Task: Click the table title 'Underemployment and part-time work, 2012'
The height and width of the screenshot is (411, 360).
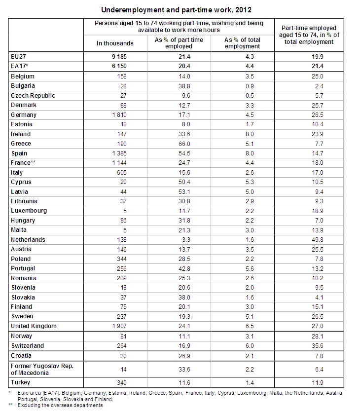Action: pos(176,10)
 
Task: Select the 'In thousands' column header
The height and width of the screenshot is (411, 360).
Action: pos(115,43)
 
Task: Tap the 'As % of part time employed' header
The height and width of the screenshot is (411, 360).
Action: pos(179,43)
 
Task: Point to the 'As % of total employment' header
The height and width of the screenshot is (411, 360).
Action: pos(242,43)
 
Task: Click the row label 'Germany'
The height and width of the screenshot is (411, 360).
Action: pos(24,115)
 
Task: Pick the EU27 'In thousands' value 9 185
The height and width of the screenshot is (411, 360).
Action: pos(119,57)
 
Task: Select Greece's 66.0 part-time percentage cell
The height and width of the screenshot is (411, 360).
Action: pos(184,144)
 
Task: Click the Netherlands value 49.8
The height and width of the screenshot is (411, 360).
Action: pos(317,240)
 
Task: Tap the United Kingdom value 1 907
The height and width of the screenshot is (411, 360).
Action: pos(119,326)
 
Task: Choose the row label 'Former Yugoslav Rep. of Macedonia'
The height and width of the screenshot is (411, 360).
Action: pos(42,370)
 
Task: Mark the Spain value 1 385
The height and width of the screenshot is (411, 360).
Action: pos(119,153)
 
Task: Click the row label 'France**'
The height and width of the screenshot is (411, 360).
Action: pos(23,163)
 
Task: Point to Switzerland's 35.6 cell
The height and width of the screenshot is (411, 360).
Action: pos(317,346)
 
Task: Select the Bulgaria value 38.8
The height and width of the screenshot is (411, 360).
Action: pos(184,86)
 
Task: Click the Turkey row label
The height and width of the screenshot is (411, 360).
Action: pos(20,382)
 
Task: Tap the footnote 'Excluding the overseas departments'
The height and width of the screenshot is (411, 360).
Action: pos(60,405)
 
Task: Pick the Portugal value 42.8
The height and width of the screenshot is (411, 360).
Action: pos(184,269)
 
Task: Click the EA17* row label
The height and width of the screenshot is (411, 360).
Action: pos(19,66)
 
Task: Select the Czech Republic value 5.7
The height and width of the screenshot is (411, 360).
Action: pos(319,96)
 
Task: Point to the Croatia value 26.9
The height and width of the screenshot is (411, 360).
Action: pos(184,356)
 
